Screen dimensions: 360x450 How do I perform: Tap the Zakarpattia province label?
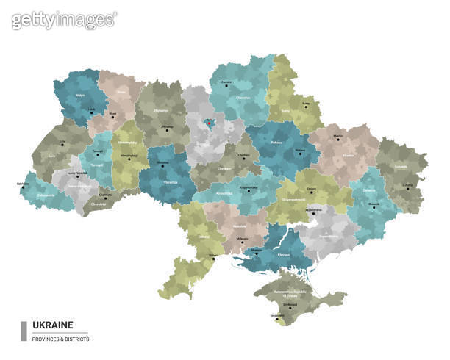[x=46, y=196]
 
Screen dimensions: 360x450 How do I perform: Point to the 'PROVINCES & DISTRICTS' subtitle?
[x=60, y=339]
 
